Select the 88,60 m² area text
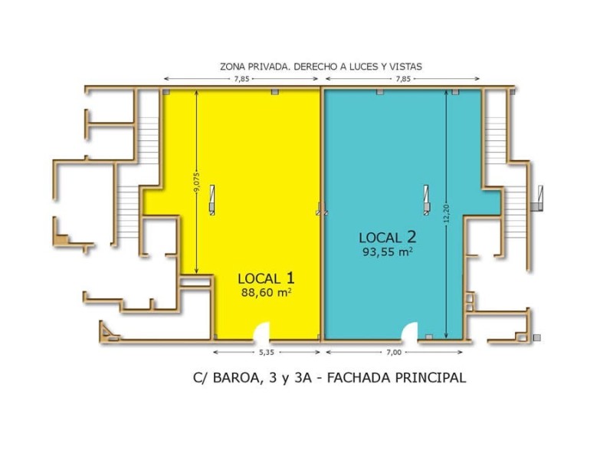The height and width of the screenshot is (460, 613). pos(266,292)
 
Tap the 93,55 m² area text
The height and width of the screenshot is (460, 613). pos(388,251)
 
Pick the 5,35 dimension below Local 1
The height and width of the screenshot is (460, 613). pos(267,353)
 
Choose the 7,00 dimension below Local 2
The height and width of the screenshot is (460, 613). pos(393,353)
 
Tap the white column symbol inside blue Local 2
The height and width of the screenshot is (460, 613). pos(426,199)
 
